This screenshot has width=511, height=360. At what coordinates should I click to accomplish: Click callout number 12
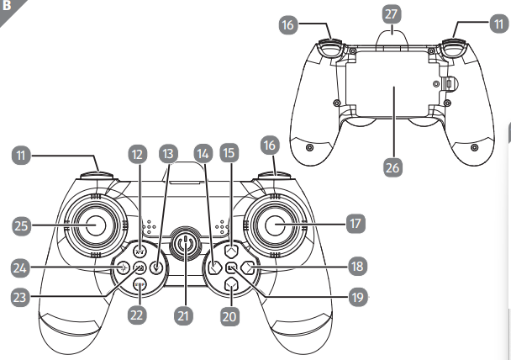[x=138, y=155]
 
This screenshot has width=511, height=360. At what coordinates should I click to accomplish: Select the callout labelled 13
[x=170, y=155]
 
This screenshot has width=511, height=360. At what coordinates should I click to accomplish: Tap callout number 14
[x=203, y=155]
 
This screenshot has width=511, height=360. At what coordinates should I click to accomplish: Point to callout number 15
[x=230, y=155]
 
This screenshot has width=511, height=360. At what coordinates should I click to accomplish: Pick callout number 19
[x=357, y=297]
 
